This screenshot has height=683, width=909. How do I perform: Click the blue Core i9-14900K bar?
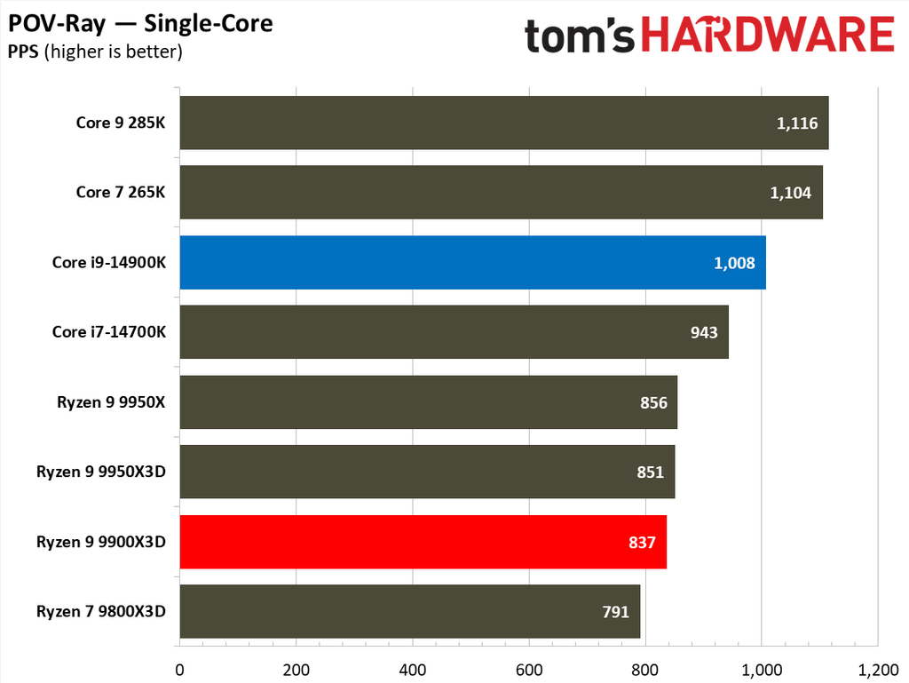point(472,262)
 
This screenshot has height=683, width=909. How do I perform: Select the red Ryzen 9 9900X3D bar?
point(423,542)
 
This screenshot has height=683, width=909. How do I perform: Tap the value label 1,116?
point(796,123)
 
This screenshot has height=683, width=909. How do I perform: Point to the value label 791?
point(615,612)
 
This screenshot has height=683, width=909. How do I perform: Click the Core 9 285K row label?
point(120,123)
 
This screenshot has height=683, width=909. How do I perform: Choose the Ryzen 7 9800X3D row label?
point(101,611)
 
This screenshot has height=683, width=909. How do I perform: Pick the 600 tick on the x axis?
point(529,668)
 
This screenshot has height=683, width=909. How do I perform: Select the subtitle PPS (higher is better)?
point(95,52)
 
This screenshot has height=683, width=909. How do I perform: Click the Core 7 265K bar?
point(501,192)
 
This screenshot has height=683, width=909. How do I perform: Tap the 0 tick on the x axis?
point(180,668)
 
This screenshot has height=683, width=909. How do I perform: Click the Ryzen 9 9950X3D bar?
point(427,472)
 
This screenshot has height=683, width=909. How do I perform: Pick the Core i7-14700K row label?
point(109,332)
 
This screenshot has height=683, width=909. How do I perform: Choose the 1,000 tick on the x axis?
point(761,668)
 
